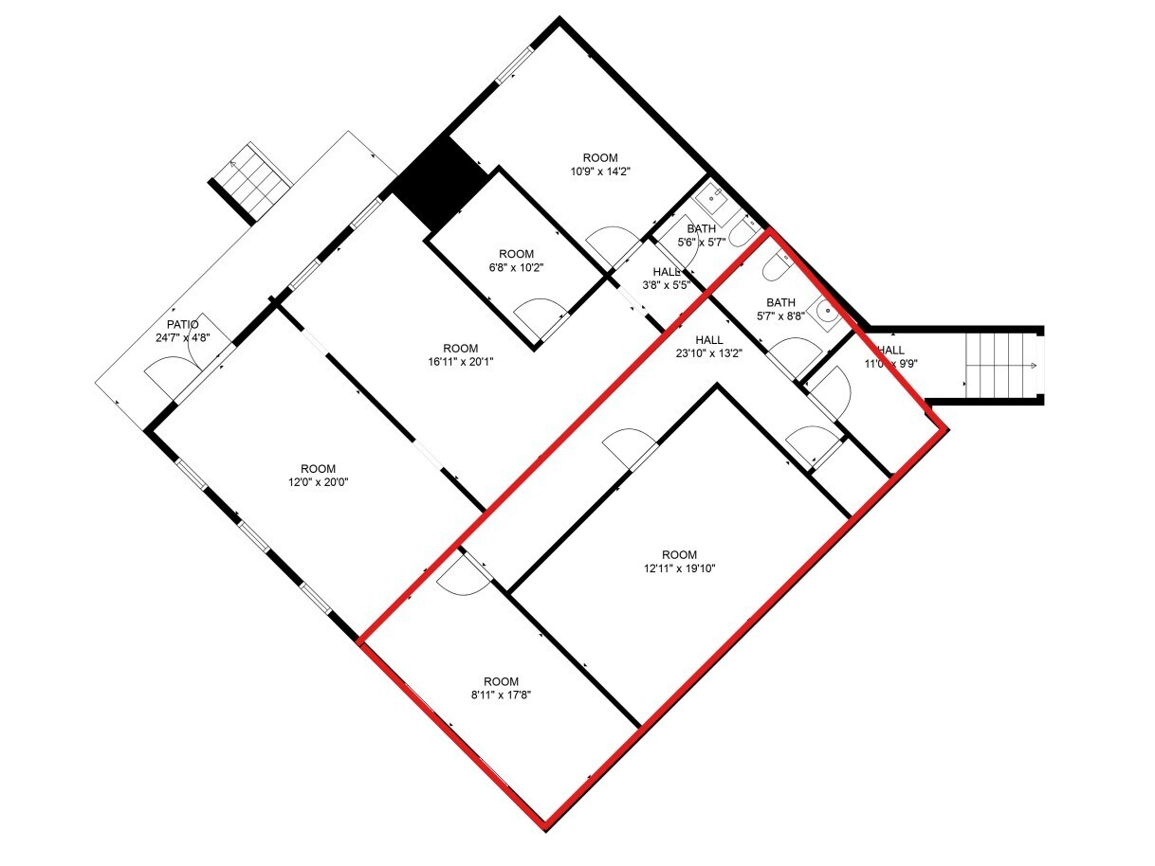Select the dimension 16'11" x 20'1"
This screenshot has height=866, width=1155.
[460, 361]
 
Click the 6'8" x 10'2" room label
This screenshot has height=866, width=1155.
[517, 267]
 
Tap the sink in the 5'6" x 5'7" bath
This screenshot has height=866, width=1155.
[710, 199]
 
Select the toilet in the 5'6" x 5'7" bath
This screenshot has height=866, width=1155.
[742, 233]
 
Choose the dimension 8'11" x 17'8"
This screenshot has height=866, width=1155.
[501, 695]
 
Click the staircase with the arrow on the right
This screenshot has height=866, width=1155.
[1000, 366]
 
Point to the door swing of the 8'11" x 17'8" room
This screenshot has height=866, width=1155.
[462, 575]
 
